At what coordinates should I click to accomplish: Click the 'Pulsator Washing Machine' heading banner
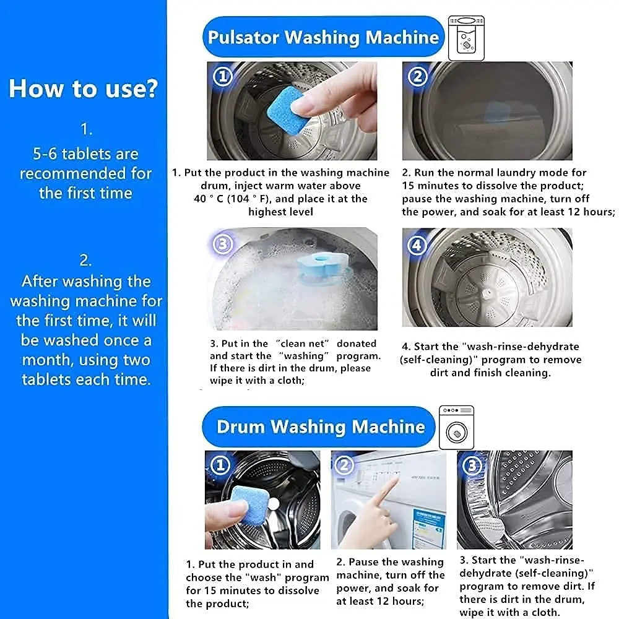(x=323, y=37)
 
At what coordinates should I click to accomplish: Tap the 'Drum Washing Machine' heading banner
(x=319, y=426)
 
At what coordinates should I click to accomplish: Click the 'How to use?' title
(x=84, y=88)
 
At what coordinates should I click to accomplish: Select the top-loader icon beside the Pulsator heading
(x=466, y=38)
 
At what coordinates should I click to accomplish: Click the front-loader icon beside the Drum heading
(x=456, y=428)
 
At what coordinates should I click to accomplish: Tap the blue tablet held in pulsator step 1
(x=288, y=111)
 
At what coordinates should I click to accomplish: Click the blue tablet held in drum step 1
(x=250, y=505)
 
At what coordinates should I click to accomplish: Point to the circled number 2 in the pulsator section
(x=417, y=77)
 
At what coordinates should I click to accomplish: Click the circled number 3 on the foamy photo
(x=223, y=245)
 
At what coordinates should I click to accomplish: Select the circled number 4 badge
(x=417, y=246)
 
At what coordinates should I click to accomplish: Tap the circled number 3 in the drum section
(x=472, y=466)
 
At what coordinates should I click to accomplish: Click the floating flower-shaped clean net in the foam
(x=322, y=267)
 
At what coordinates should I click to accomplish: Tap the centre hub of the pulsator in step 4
(x=487, y=293)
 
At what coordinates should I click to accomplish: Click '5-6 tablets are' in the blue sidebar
(x=85, y=154)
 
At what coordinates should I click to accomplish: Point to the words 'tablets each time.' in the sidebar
(x=86, y=379)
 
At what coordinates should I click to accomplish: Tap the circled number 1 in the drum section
(x=220, y=465)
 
